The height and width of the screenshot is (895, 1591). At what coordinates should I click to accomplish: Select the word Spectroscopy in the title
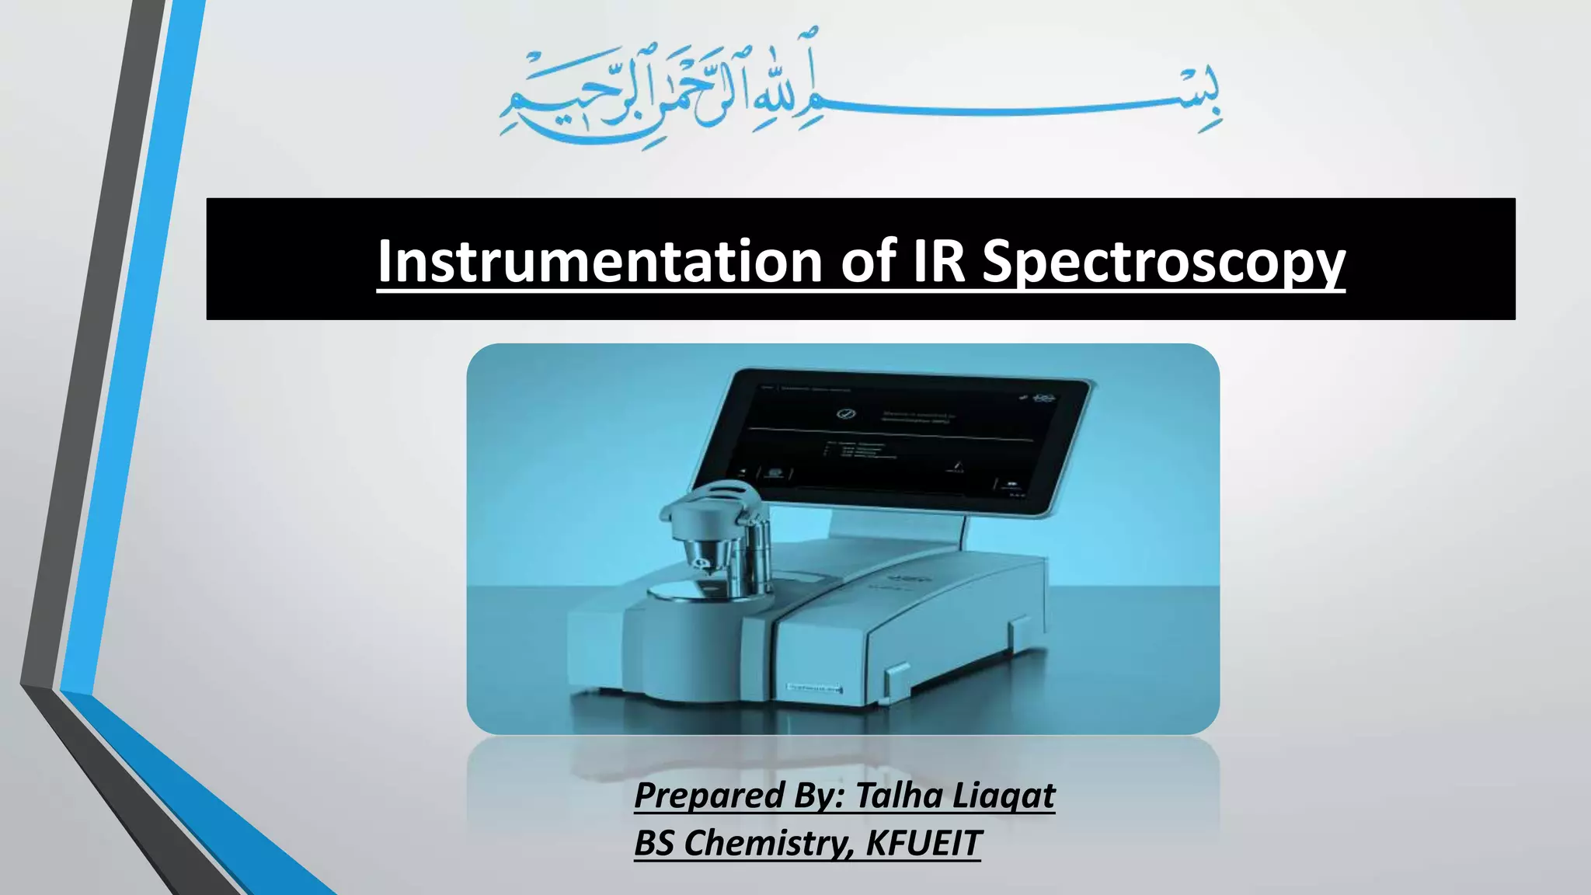[1163, 263]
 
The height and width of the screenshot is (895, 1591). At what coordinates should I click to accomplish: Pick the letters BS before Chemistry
[653, 844]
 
